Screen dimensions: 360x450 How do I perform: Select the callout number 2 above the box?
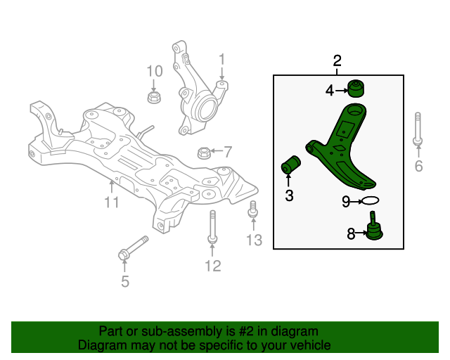click(337, 60)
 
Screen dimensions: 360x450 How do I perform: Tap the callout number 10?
click(154, 71)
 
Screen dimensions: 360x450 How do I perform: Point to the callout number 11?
click(112, 203)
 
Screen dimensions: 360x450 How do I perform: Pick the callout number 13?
click(254, 240)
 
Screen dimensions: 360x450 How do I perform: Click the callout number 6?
click(418, 167)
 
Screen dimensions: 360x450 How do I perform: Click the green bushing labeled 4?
click(358, 89)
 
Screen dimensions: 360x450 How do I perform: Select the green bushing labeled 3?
click(291, 166)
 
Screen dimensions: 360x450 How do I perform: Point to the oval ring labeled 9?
click(371, 202)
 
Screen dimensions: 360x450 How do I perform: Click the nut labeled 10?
click(154, 96)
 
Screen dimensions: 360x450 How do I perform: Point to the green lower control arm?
click(345, 151)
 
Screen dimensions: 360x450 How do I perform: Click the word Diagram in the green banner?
click(103, 345)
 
